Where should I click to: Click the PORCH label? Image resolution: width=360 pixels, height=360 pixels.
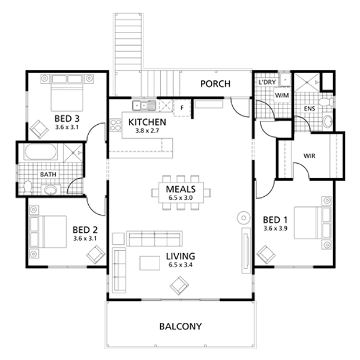tap(215, 84)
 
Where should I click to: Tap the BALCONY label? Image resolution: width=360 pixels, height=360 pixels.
tap(181, 326)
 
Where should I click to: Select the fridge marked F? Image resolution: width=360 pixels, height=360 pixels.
tap(182, 107)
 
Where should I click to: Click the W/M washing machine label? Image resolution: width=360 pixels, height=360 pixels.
tap(282, 95)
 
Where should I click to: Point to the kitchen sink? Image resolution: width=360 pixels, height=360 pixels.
tap(144, 106)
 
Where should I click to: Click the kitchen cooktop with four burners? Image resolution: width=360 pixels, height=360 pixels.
tap(115, 125)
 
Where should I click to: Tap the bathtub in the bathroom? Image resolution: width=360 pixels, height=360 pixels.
tap(40, 152)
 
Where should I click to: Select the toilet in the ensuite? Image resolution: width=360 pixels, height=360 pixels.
tap(326, 102)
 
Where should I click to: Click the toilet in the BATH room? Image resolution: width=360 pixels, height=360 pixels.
tap(28, 187)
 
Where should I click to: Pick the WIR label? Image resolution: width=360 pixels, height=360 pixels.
tap(309, 156)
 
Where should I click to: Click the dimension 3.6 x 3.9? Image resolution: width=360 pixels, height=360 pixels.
tap(275, 229)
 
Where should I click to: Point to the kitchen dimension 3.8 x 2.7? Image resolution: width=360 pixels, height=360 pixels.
tap(147, 131)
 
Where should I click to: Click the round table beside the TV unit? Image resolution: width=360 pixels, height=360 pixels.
tap(244, 218)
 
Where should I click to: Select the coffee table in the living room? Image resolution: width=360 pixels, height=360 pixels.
tap(150, 263)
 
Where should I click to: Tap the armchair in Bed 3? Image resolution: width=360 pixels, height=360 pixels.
tap(40, 129)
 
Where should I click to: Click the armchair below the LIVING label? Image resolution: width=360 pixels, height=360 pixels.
tap(179, 286)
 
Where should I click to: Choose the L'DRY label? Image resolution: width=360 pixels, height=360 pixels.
tap(267, 82)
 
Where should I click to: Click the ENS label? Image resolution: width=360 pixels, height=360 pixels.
tap(310, 109)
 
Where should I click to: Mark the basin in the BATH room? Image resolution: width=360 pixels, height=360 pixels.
tap(51, 190)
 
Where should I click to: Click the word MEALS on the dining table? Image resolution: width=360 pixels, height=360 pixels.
tap(181, 189)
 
